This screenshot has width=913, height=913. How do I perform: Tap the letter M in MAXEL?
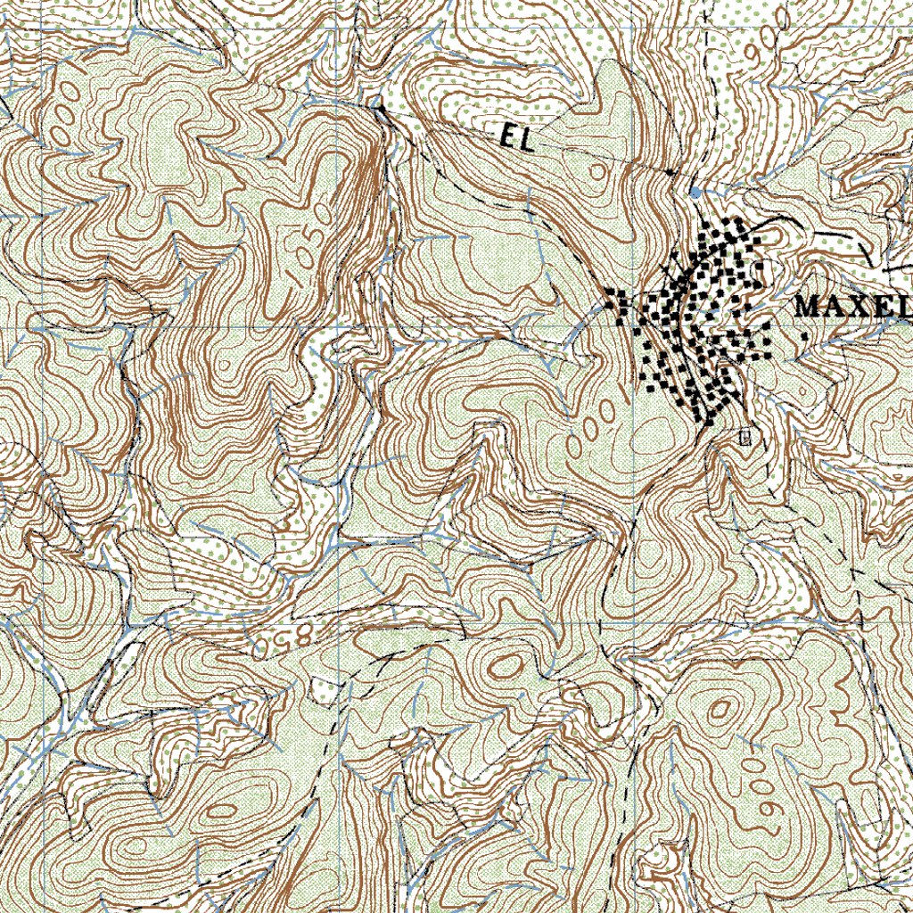(807, 307)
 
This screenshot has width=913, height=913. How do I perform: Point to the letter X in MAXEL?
(855, 307)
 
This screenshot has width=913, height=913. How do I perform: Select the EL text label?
(516, 137)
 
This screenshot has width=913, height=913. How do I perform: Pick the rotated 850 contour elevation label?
(284, 638)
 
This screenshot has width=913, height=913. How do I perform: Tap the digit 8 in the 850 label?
(300, 634)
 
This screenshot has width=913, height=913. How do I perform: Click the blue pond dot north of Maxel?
(695, 192)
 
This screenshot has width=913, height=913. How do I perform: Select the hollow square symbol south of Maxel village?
(745, 437)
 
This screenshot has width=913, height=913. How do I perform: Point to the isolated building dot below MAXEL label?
(805, 337)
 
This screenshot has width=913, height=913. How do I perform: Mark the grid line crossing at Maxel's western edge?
(638, 327)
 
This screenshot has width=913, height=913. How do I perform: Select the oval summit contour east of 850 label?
(506, 665)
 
